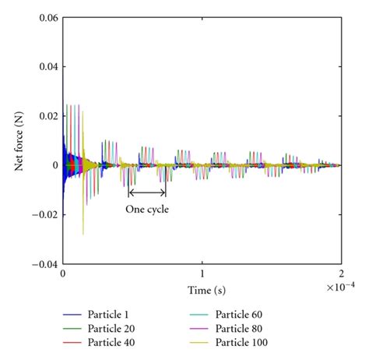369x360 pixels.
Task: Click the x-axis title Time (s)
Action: click(x=201, y=289)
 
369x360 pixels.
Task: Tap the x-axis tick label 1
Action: click(x=202, y=275)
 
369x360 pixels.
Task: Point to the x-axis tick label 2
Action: click(x=341, y=275)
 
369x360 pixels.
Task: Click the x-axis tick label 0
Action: click(x=62, y=275)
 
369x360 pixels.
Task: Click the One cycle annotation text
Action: click(x=147, y=209)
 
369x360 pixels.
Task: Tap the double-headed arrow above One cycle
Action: click(x=147, y=192)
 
